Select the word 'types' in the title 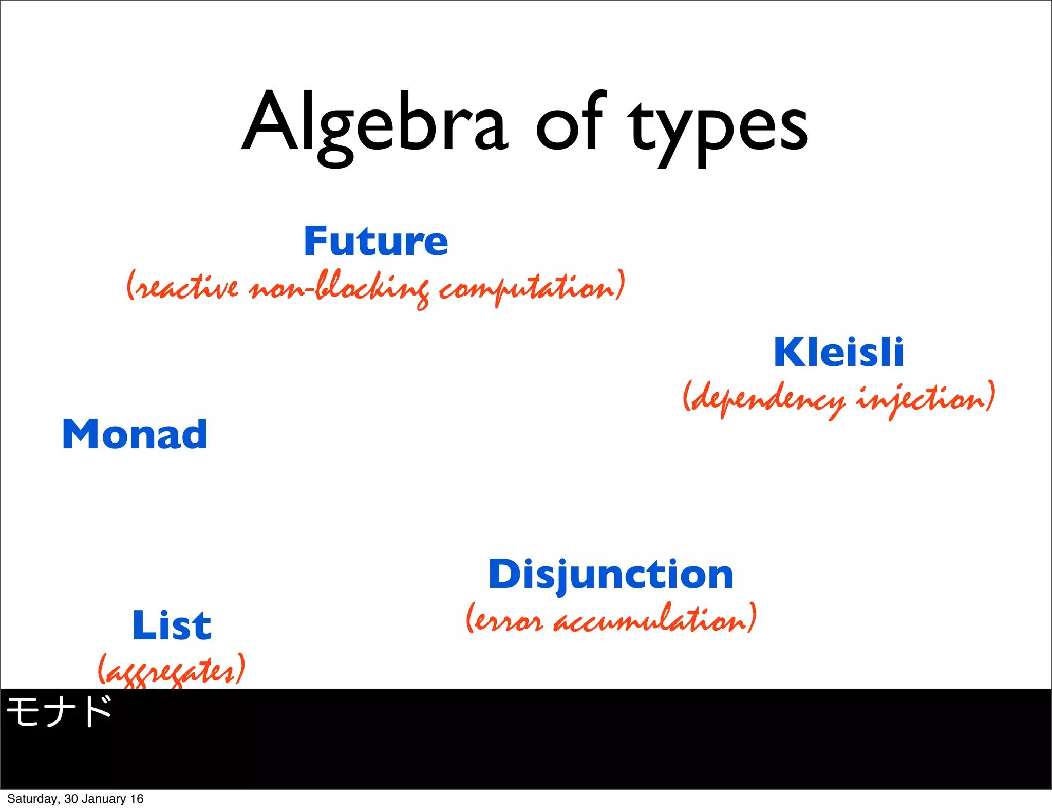pyautogui.click(x=719, y=128)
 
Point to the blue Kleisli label pyautogui.click(x=839, y=352)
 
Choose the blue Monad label pyautogui.click(x=135, y=434)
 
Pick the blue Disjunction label pyautogui.click(x=611, y=574)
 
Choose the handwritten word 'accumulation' pyautogui.click(x=650, y=620)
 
